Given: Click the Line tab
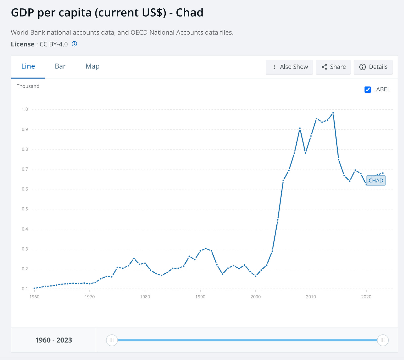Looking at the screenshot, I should [x=28, y=66].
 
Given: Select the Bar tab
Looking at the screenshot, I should [x=60, y=66].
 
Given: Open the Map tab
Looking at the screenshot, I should [x=92, y=66].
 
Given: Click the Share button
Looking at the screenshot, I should [x=333, y=67].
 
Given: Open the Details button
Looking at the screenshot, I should [x=373, y=67].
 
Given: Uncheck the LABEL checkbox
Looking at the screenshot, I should [x=368, y=89].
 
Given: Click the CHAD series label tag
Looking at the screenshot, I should [x=376, y=181].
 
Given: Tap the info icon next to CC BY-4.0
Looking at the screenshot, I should [x=74, y=44].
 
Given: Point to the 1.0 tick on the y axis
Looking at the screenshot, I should [x=25, y=109].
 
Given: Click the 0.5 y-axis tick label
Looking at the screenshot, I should [x=25, y=209].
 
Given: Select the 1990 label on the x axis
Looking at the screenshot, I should [x=200, y=297].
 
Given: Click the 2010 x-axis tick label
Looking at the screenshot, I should [x=311, y=297].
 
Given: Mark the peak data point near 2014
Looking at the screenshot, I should [x=333, y=113].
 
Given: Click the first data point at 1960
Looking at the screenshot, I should [x=34, y=288].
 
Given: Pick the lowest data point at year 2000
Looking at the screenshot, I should [x=256, y=276].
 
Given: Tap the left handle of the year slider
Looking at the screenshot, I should [x=112, y=340].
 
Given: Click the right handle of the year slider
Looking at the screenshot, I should [x=383, y=340].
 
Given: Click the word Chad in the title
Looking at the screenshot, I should [x=190, y=13].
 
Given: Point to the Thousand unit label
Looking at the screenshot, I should [x=28, y=86].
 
